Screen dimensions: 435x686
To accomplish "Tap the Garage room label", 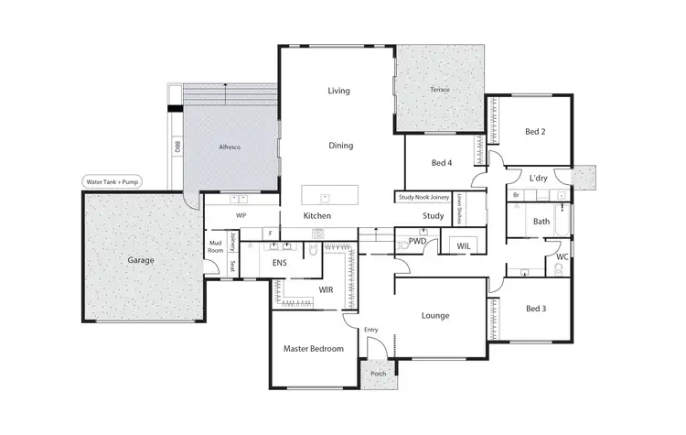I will (x=140, y=260).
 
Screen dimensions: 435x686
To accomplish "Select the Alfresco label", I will (x=229, y=147).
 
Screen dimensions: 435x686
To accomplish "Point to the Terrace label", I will (x=441, y=90).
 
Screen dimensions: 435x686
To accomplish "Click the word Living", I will (x=339, y=91).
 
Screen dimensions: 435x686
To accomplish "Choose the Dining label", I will (x=340, y=146).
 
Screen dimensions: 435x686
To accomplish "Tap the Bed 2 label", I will (x=535, y=132).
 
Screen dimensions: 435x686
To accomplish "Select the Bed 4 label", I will (x=442, y=163).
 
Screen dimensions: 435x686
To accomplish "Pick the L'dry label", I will (x=539, y=178).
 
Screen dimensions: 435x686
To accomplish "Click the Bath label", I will (x=541, y=221).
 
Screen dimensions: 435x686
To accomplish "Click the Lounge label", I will (x=434, y=316).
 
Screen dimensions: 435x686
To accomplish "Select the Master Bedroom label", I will (x=313, y=349).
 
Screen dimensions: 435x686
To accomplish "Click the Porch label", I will (x=377, y=373).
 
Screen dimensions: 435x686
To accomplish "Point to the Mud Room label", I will (x=215, y=245).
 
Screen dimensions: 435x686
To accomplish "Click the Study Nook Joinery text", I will (x=423, y=196).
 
